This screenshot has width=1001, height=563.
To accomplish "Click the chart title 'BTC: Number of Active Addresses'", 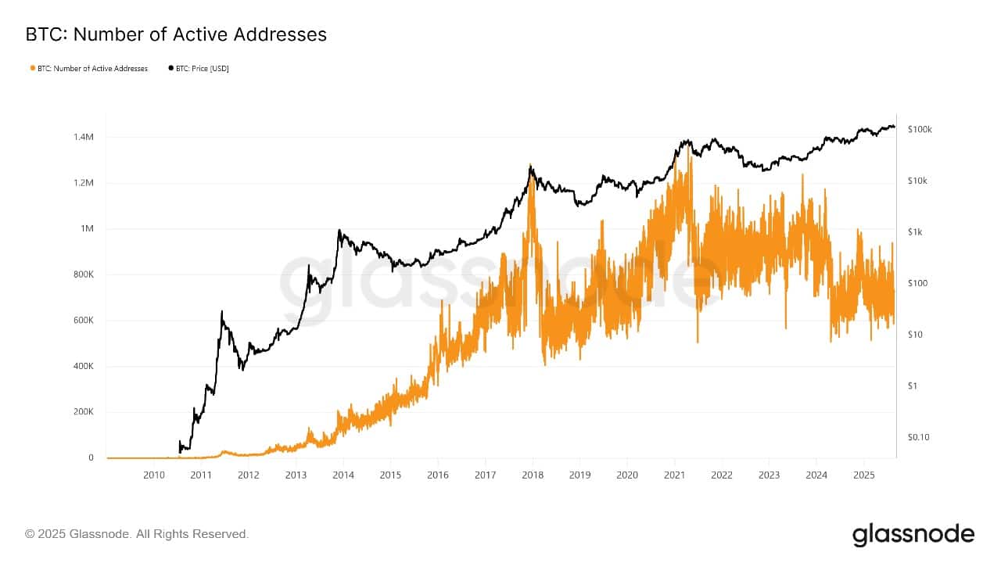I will tap(176, 34).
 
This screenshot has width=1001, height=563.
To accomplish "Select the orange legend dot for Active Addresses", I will tap(32, 69).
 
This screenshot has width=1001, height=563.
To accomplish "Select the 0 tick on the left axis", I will tap(91, 457).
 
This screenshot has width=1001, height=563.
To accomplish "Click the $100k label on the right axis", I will tap(920, 130).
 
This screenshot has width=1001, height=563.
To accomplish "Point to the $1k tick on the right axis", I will tap(917, 232).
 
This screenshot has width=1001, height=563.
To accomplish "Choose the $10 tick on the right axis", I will tap(916, 335).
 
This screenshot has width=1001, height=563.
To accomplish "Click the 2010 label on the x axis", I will tap(153, 475).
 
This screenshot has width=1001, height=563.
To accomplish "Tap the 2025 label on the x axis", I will tap(863, 475).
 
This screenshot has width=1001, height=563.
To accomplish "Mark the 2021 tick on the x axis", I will tap(674, 475).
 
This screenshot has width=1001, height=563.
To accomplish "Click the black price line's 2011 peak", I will tap(221, 311).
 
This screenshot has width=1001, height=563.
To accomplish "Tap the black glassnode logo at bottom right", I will tap(913, 535).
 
